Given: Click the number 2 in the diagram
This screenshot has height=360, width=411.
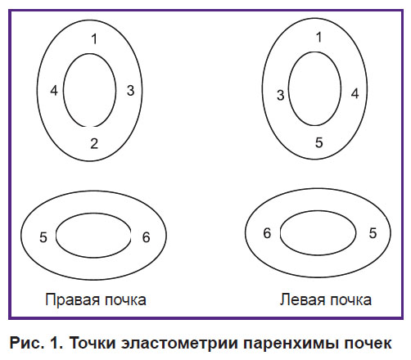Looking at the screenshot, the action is (x=94, y=143).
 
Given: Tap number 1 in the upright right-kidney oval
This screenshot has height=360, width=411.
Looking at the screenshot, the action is (x=94, y=39).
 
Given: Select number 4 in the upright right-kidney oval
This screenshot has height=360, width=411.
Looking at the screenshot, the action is (x=54, y=91).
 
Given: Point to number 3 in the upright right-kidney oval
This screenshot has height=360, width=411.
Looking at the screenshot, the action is (x=131, y=91).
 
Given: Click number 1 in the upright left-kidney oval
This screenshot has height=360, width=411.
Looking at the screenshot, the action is (x=318, y=37).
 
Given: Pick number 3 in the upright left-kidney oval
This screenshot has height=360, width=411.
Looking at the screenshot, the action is (x=281, y=95).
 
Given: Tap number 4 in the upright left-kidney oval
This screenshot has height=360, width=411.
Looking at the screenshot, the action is (x=355, y=93).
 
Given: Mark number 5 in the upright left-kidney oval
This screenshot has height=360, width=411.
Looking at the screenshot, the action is (x=319, y=142).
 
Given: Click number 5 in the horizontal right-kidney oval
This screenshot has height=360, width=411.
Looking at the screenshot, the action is (x=43, y=237).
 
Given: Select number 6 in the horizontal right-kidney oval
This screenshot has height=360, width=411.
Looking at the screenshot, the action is (x=147, y=237).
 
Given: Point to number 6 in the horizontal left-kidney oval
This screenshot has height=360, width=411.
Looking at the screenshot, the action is (x=267, y=233).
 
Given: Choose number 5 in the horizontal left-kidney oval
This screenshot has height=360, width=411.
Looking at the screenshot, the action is (x=373, y=233).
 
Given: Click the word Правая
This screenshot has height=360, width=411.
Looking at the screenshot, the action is (x=72, y=300).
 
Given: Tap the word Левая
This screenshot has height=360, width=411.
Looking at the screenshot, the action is (x=302, y=299).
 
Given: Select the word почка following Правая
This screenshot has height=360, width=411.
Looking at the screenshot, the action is (x=125, y=301).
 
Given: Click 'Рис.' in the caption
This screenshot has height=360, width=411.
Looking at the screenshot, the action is (x=27, y=343).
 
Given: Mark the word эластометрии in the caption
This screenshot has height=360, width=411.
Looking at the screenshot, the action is (x=179, y=344).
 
